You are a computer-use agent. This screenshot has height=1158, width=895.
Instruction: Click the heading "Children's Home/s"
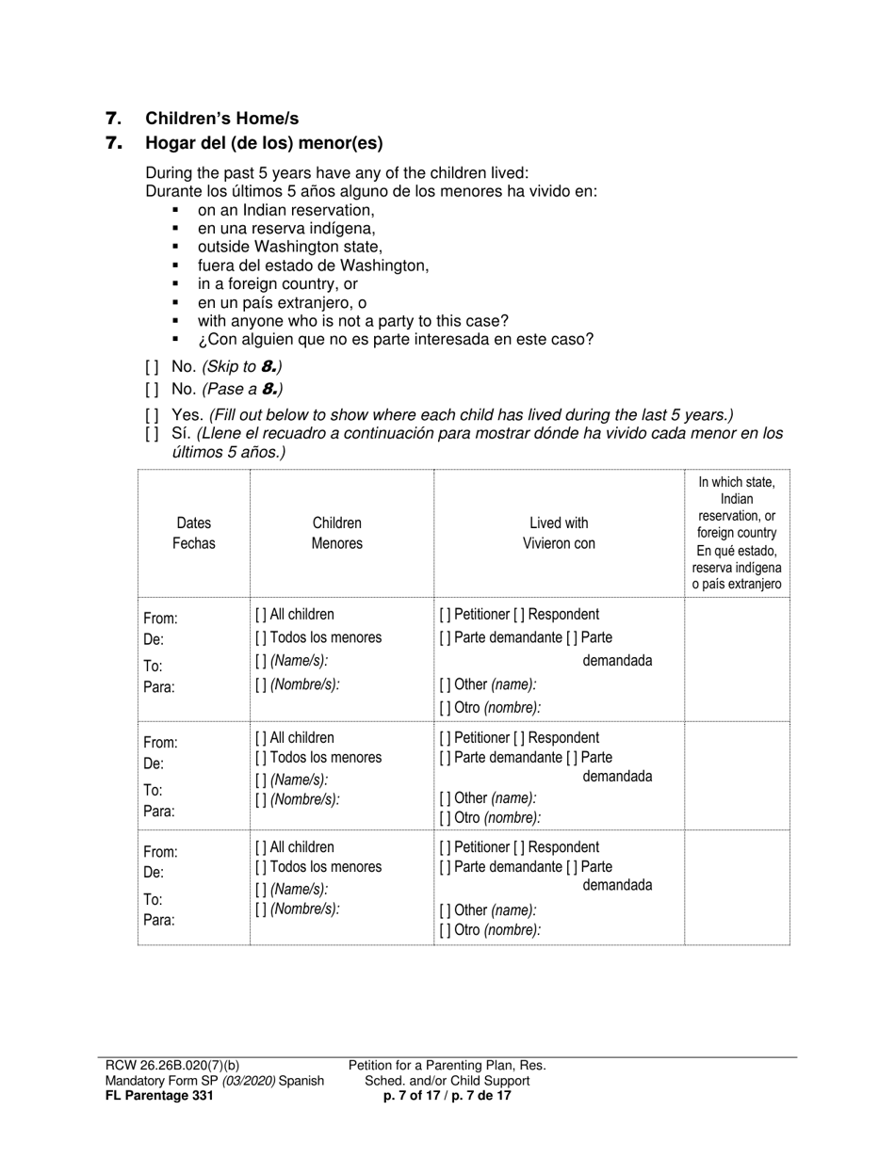point(221,119)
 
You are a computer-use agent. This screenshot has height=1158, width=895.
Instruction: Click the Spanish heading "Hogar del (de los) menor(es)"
point(264,144)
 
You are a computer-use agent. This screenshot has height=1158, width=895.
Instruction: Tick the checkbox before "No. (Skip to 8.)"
point(152,367)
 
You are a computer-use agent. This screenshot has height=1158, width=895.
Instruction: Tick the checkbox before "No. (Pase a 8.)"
point(152,390)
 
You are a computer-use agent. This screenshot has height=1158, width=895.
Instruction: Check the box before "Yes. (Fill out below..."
point(152,415)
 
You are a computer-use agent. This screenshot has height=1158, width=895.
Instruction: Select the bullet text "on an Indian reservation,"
point(285,211)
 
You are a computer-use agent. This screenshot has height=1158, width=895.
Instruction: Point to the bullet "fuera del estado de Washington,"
point(313,265)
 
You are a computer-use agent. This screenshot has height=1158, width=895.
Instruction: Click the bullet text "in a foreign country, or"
point(277,283)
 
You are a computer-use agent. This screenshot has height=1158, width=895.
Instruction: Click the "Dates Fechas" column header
point(194,533)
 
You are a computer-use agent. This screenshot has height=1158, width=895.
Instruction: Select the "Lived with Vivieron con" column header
point(559,533)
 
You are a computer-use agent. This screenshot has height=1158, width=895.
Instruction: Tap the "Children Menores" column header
point(337,533)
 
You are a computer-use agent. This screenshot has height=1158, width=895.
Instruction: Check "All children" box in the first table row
point(261,615)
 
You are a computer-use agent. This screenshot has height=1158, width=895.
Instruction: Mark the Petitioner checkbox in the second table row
point(445,738)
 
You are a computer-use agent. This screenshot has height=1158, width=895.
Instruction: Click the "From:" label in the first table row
point(160,619)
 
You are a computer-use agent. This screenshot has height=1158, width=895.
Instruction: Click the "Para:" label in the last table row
point(158,920)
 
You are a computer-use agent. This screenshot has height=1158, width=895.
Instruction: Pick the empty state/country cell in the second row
point(737,775)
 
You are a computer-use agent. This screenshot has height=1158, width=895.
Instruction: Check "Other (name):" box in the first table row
point(445,685)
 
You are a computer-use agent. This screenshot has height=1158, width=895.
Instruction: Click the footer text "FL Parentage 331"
point(159,1095)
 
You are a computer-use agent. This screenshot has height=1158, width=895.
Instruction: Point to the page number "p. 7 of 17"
point(416,1095)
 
